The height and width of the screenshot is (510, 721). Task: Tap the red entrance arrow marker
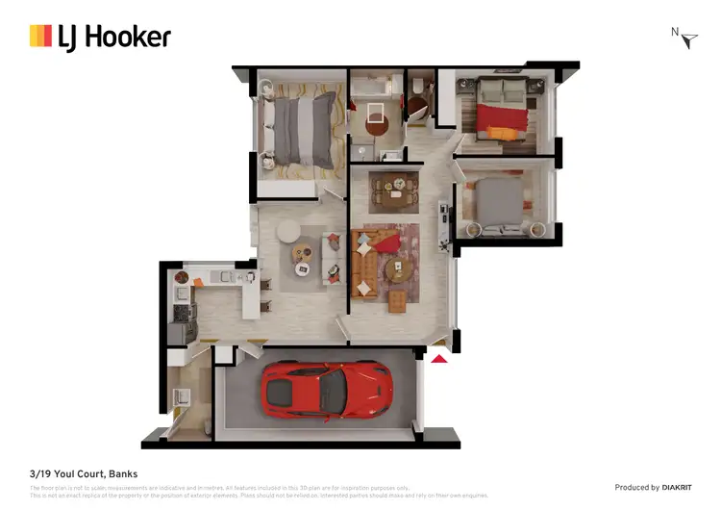[438, 359]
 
